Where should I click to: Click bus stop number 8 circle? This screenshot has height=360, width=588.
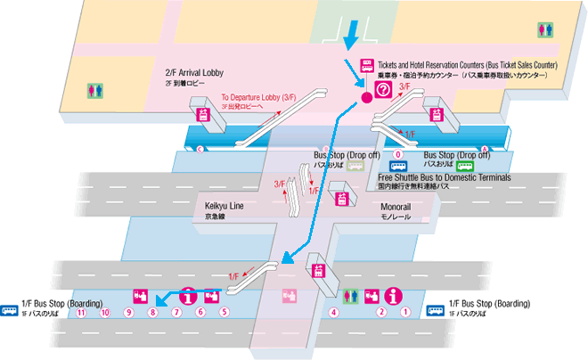coord(152,312)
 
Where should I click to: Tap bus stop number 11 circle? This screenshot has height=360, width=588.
coord(80,312)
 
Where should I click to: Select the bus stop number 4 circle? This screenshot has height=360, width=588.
coord(334,312)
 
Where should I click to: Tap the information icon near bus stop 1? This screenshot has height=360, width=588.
coord(393,295)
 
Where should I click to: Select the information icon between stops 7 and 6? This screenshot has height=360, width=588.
coord(189,295)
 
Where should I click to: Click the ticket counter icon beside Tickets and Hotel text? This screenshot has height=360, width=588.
coord(365,65)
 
